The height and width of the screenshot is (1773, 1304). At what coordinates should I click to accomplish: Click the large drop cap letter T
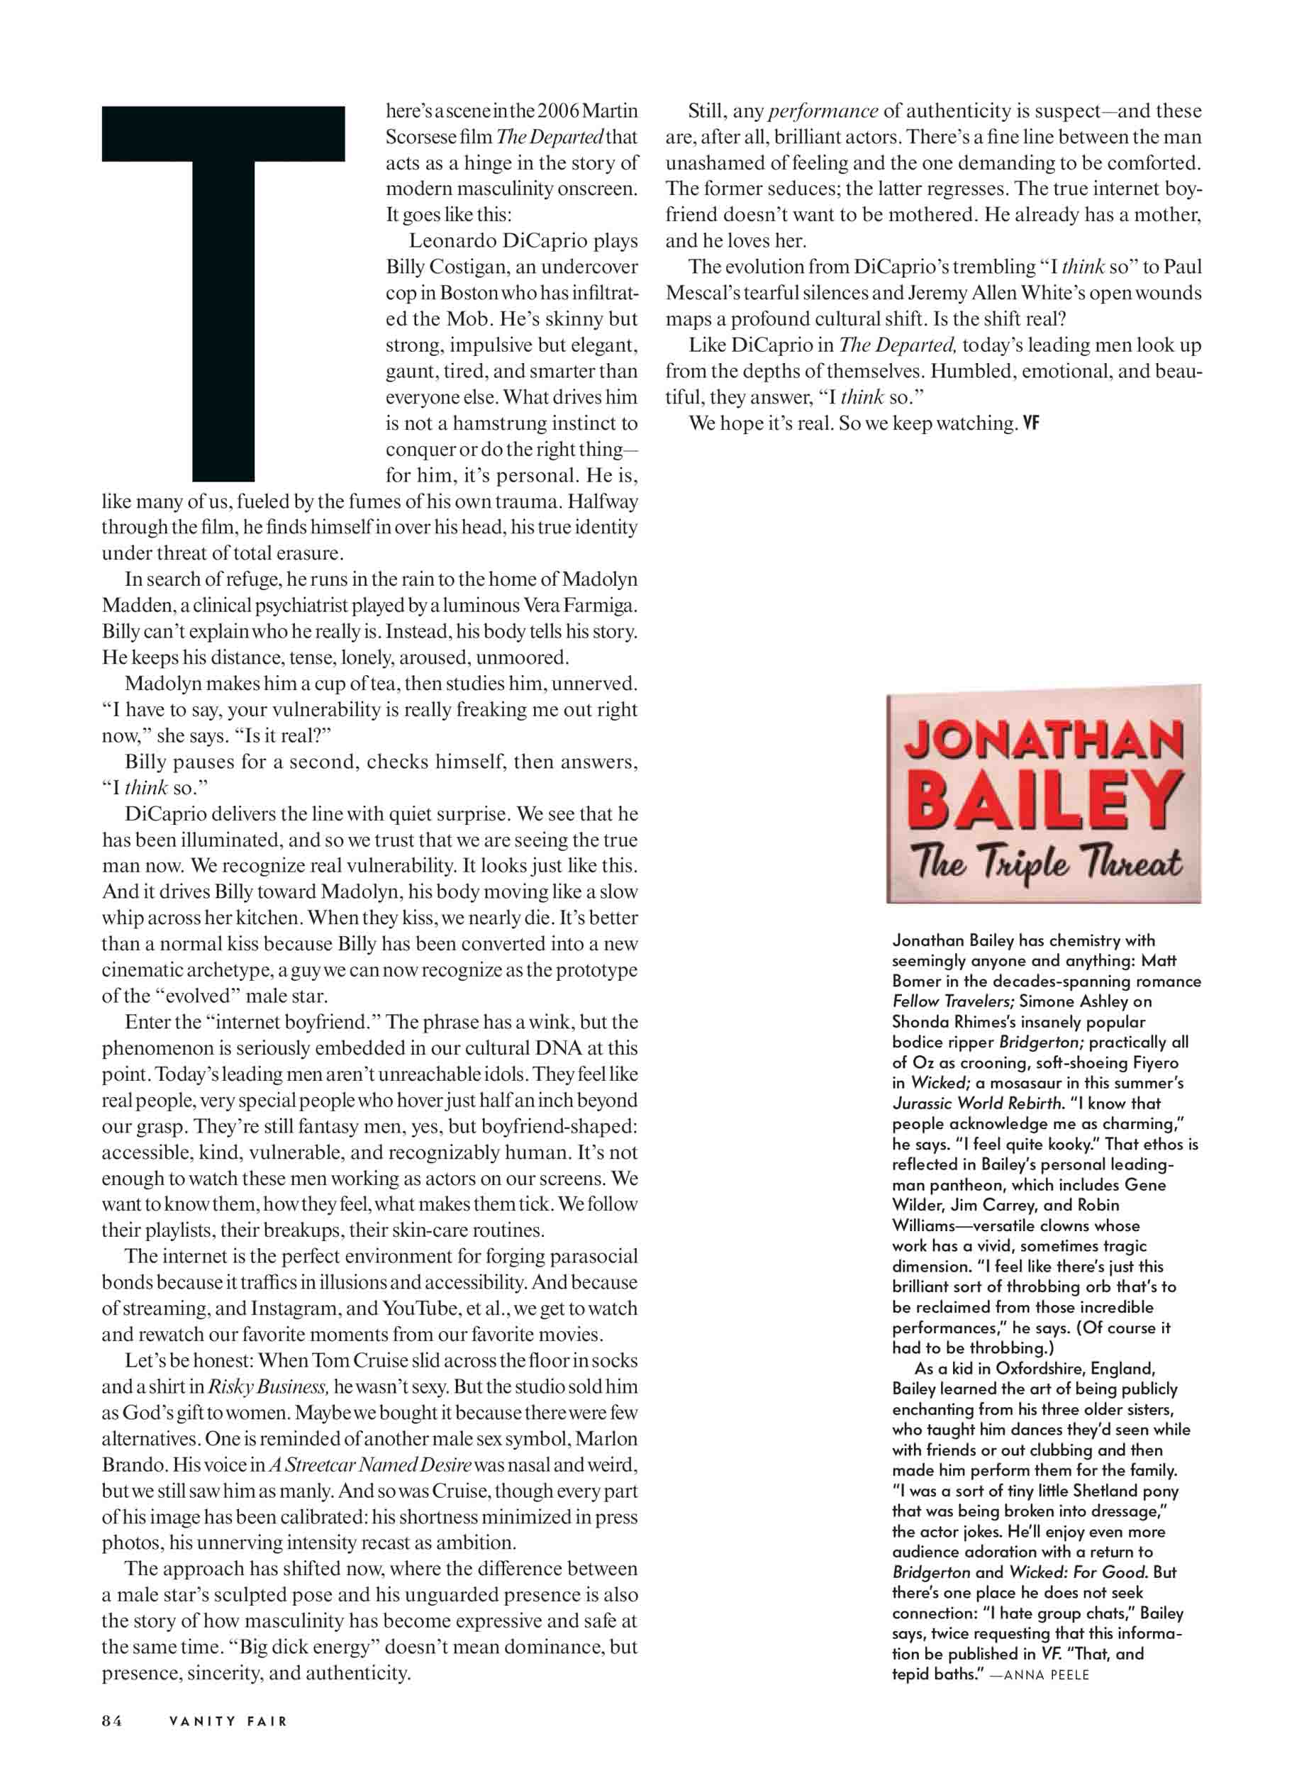(x=223, y=292)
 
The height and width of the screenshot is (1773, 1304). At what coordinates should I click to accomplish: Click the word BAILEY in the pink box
(x=1044, y=801)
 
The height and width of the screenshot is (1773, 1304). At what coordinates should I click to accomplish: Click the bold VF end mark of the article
(x=1031, y=423)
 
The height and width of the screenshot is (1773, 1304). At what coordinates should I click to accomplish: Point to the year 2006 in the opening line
(x=559, y=111)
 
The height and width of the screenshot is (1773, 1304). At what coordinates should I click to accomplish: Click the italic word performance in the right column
(x=823, y=111)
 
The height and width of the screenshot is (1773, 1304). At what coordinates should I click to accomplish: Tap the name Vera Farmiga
(x=569, y=606)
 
